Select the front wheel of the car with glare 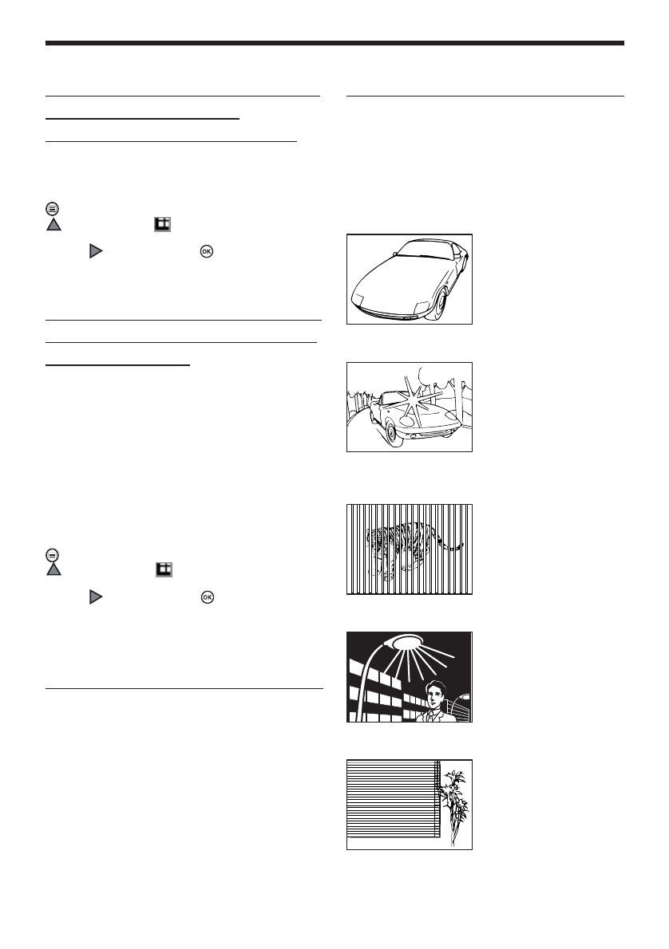(x=390, y=431)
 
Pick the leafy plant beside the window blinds (x=455, y=801)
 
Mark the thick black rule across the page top (x=334, y=43)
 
